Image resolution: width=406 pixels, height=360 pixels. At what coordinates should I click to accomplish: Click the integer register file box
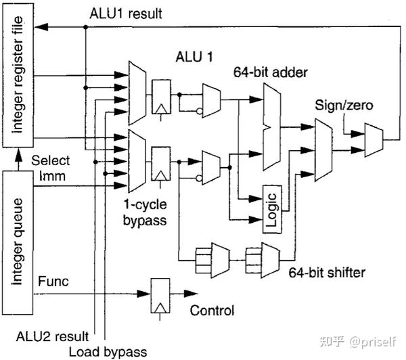(18, 75)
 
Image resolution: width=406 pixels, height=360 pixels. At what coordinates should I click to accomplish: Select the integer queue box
(18, 243)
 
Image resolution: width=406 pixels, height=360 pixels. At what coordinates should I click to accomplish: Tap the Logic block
(273, 209)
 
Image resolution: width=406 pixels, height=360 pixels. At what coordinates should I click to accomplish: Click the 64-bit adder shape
(272, 127)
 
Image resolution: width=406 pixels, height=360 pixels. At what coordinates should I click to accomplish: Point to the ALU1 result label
(126, 14)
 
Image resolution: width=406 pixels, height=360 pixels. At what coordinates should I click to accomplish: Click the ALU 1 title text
(194, 57)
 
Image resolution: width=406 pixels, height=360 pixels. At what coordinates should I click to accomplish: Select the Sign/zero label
(344, 106)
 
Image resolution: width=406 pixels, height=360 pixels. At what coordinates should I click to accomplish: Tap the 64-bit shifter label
(327, 273)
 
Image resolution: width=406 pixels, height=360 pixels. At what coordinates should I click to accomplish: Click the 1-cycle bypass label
(145, 212)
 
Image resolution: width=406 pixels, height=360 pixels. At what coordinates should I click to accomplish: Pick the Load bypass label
(108, 352)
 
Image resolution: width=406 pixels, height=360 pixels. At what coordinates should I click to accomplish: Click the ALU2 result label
(52, 336)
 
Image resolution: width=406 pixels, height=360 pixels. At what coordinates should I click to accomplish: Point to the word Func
(53, 282)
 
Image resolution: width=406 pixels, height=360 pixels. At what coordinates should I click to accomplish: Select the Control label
(212, 311)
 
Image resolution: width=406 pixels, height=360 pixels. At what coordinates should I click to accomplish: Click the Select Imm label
(51, 168)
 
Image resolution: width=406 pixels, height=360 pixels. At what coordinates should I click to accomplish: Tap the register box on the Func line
(160, 296)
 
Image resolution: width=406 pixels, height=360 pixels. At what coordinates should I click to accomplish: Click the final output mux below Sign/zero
(374, 140)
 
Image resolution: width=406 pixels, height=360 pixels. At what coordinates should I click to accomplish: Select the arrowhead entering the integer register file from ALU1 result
(41, 26)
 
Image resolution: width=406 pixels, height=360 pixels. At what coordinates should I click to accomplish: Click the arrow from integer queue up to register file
(18, 160)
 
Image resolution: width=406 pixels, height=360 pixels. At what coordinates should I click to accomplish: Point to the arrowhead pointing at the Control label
(191, 294)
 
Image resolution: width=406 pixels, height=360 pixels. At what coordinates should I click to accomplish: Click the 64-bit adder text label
(270, 72)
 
